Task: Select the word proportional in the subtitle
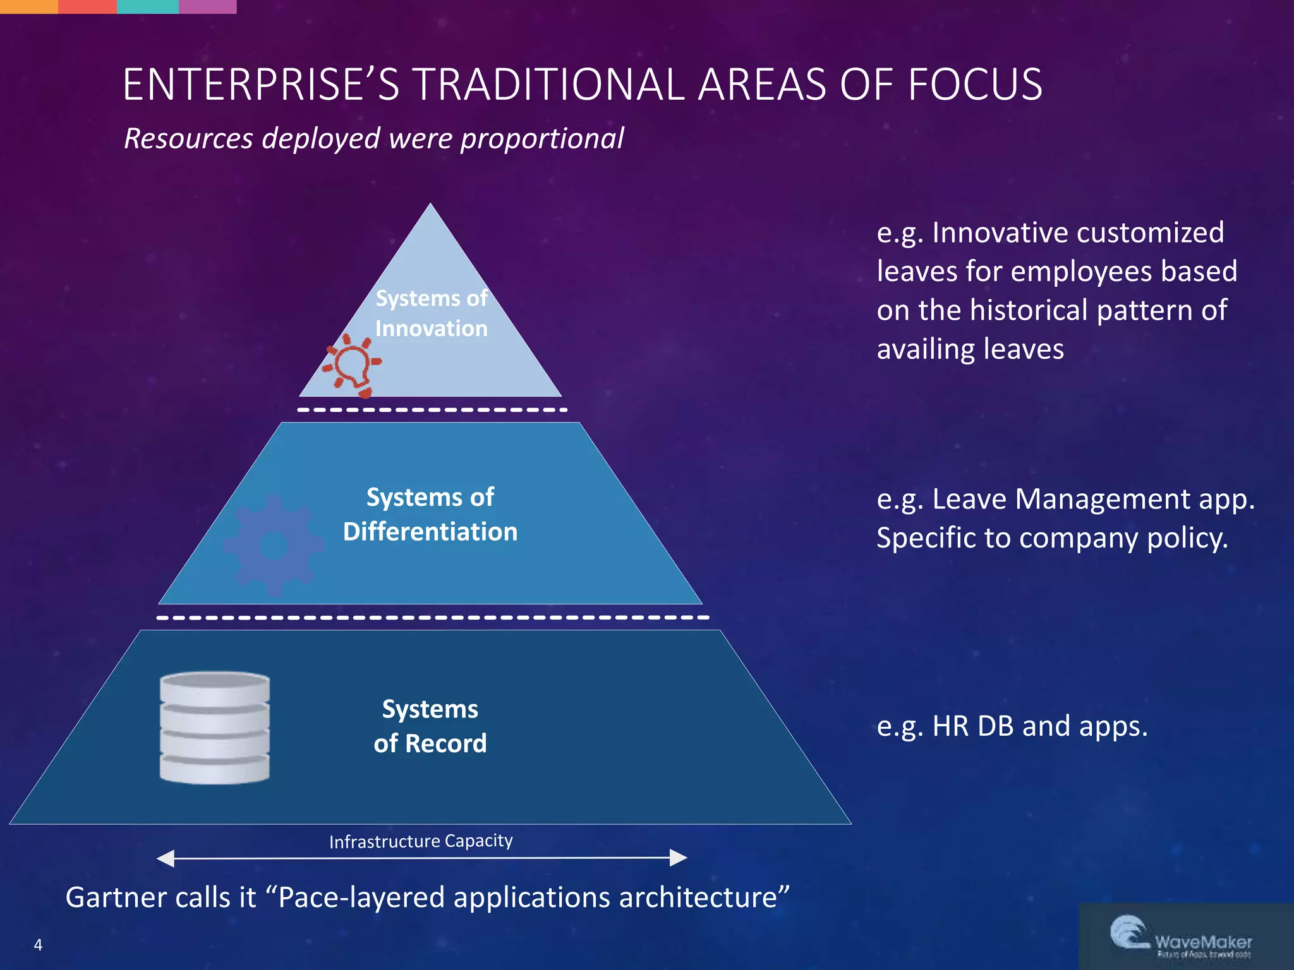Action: (x=542, y=138)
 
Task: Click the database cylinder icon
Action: (x=215, y=727)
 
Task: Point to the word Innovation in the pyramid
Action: (x=431, y=328)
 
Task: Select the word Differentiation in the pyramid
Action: (x=430, y=532)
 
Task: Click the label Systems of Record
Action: (x=430, y=726)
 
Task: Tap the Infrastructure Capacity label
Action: (x=421, y=841)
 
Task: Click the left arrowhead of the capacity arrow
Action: (x=166, y=858)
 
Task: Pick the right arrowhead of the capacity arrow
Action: (x=679, y=858)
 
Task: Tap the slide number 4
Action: (x=38, y=945)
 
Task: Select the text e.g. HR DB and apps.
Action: (x=1012, y=726)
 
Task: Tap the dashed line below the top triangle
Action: (x=432, y=410)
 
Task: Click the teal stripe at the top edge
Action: (x=148, y=6)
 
